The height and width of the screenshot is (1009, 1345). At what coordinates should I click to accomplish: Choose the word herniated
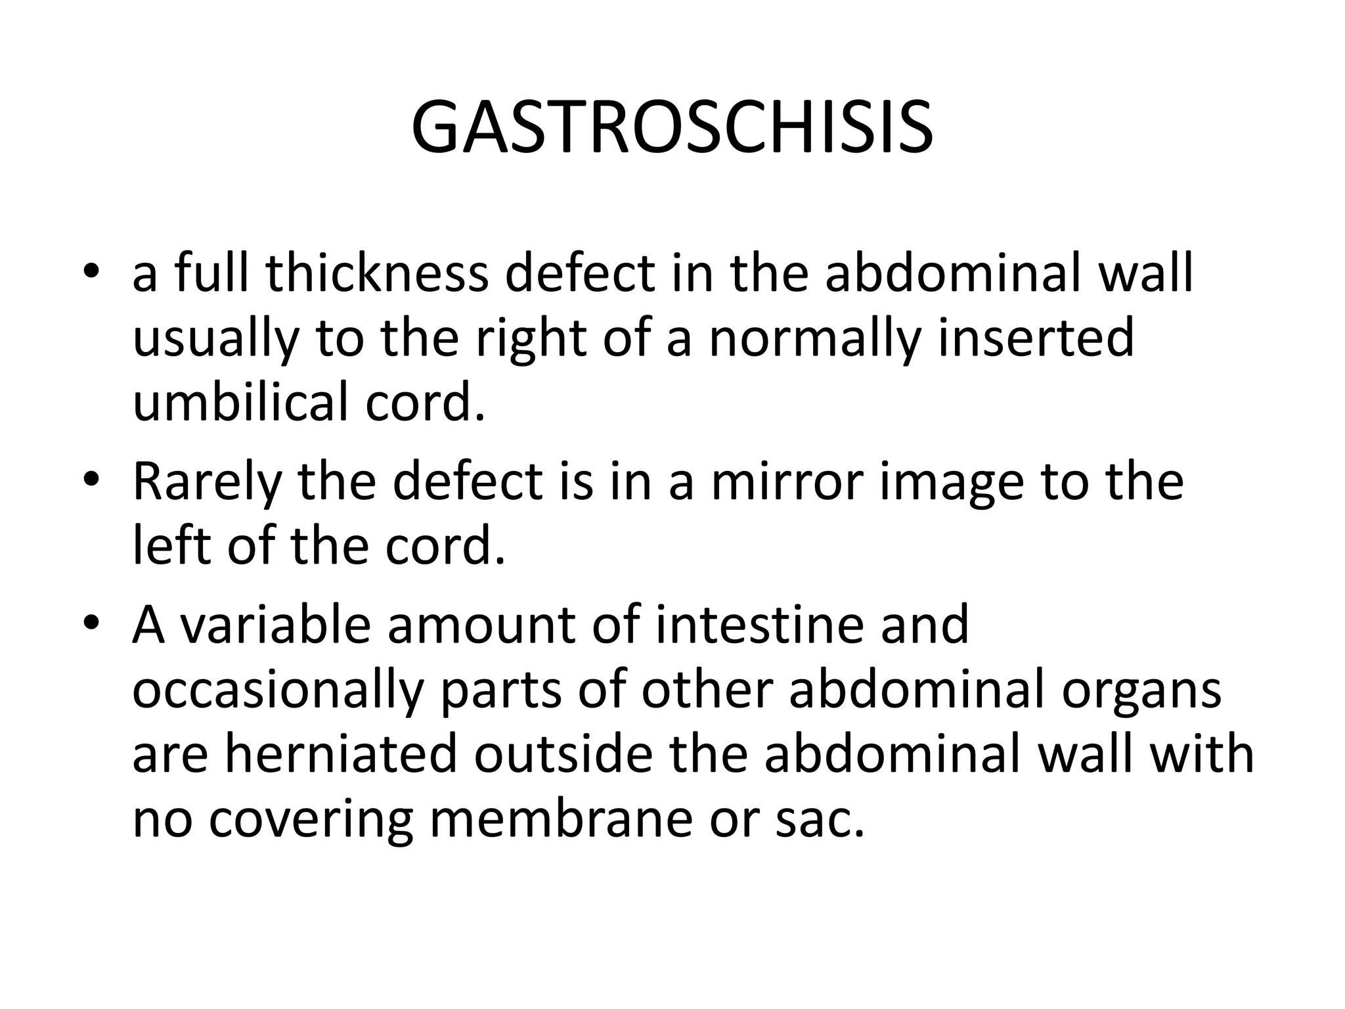pos(340,754)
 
